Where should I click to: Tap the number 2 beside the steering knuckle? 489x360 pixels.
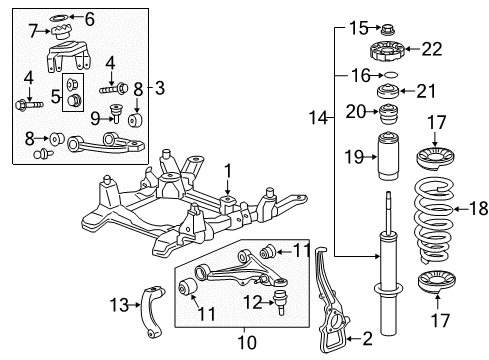(367, 339)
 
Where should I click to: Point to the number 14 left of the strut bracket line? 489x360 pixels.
(317, 118)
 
